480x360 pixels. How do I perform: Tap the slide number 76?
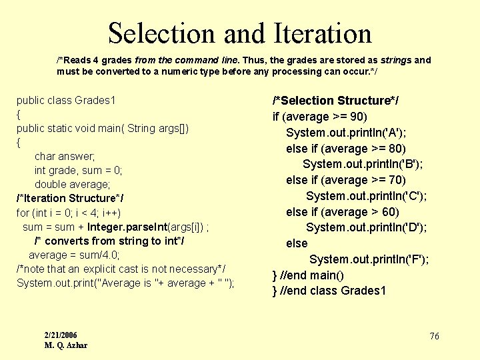[434, 337]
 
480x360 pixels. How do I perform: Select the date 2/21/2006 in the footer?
[61, 335]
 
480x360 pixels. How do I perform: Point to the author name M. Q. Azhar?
[66, 345]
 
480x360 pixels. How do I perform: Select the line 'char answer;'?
[65, 156]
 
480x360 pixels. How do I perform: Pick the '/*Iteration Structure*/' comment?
[69, 198]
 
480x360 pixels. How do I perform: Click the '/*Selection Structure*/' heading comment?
[335, 101]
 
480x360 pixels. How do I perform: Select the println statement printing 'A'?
[347, 133]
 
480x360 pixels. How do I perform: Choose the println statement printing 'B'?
[363, 164]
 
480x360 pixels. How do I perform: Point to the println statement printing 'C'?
[367, 196]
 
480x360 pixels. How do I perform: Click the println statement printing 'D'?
[367, 227]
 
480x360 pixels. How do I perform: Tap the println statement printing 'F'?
[369, 259]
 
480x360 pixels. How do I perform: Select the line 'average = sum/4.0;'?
[73, 255]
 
